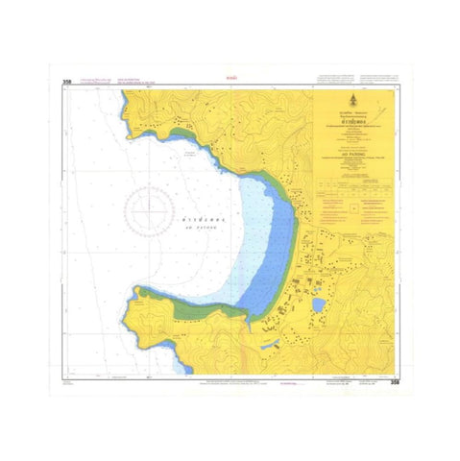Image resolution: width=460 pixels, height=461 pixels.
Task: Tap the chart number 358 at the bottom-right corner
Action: pos(394,381)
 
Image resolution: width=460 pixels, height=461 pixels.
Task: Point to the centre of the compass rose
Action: pos(148,206)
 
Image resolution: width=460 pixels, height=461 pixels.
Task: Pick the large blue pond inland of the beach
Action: pos(318,304)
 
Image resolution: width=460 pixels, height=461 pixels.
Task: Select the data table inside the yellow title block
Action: pos(354,190)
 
